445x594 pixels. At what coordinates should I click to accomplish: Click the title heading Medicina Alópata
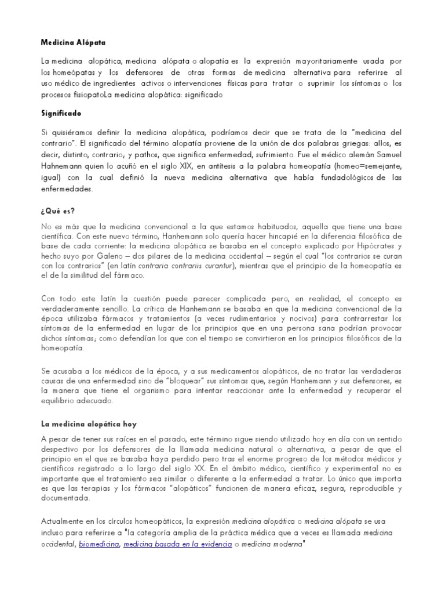coord(73,42)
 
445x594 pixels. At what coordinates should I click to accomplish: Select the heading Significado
coord(61,114)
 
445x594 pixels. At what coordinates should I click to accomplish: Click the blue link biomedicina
coord(99,544)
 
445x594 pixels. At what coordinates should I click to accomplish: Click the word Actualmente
coord(66,520)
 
